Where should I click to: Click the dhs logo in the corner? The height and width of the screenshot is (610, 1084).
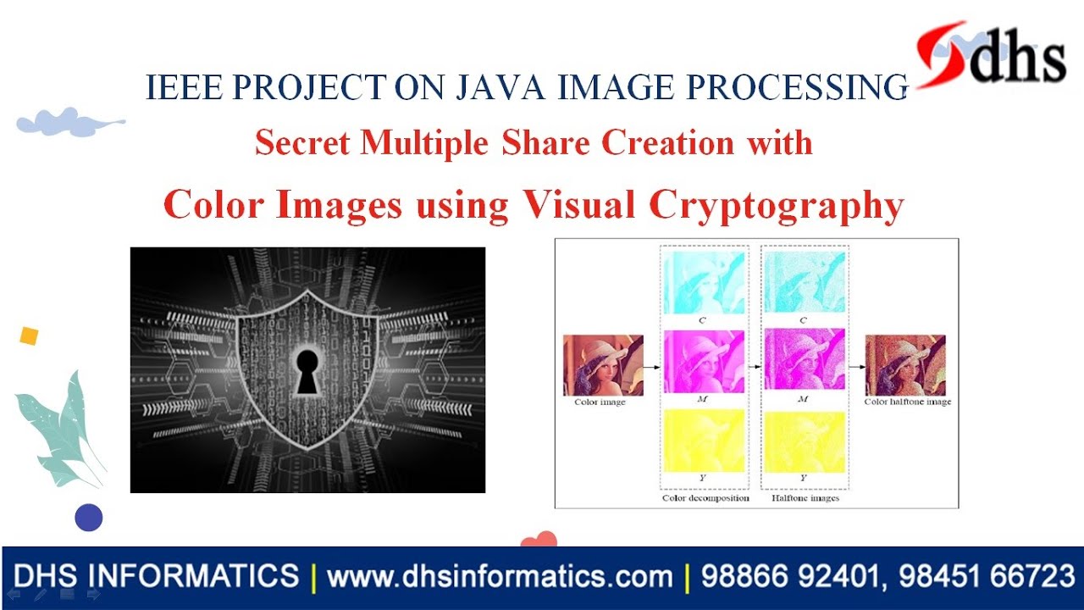coord(991,55)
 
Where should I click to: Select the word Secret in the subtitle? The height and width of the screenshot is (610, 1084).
coord(302,143)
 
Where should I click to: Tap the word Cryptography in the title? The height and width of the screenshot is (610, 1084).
coord(777,204)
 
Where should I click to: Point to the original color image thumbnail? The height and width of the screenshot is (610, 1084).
coord(603,365)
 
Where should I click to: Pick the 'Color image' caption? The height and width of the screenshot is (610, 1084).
coord(600,402)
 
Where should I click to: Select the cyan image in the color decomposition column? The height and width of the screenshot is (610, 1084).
coord(704,284)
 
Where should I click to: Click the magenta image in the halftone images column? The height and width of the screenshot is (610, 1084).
coord(805,358)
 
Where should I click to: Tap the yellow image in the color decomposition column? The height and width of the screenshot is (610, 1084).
coord(704,441)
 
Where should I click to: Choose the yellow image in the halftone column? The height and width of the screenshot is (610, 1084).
coord(805,441)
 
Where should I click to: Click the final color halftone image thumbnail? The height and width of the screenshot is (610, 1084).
coord(905,365)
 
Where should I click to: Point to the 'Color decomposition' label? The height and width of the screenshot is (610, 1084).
coord(705,498)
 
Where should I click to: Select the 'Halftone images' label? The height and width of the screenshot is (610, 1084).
coord(805,498)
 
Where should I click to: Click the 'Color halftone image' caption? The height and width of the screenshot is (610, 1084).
coord(907,402)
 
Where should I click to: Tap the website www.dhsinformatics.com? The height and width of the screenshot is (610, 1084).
coord(500,578)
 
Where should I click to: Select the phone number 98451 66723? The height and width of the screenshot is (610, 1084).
coord(987,578)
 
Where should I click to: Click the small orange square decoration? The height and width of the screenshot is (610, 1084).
coord(29,336)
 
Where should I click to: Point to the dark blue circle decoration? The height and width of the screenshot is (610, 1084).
coord(88,517)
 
